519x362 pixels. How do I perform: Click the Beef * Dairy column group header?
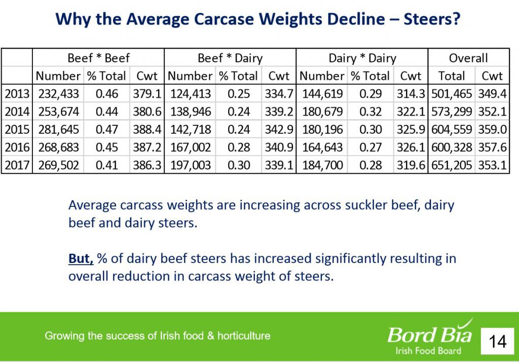click(x=230, y=58)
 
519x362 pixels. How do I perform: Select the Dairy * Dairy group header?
click(x=362, y=58)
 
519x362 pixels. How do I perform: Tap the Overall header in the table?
click(x=468, y=58)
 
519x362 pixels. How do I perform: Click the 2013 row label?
click(x=17, y=94)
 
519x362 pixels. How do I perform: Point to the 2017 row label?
click(x=17, y=165)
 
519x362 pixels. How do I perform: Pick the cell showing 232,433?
click(x=58, y=94)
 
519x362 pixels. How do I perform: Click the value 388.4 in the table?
click(x=147, y=129)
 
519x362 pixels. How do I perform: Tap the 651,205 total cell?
click(x=452, y=165)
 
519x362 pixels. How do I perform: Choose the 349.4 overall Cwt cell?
click(x=492, y=94)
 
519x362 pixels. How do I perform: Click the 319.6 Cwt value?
click(x=411, y=165)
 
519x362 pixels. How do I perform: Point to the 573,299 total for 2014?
click(x=452, y=112)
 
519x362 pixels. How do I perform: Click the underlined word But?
click(x=81, y=259)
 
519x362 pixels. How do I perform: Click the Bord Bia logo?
click(x=430, y=337)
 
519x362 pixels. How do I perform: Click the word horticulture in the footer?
click(x=244, y=336)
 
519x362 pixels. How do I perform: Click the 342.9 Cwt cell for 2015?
click(x=279, y=129)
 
